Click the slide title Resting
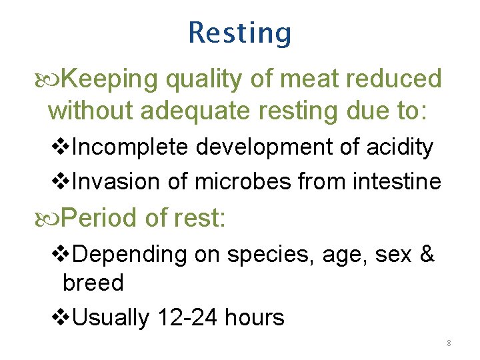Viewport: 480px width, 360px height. pyautogui.click(x=240, y=33)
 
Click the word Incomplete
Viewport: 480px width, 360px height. pyautogui.click(x=131, y=147)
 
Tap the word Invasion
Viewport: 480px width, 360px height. pyautogui.click(x=117, y=181)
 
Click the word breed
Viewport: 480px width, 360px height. pyautogui.click(x=93, y=283)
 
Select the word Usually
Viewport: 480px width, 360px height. pyautogui.click(x=111, y=318)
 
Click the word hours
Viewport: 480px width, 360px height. pyautogui.click(x=255, y=318)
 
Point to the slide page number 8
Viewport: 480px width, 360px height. pyautogui.click(x=449, y=343)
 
